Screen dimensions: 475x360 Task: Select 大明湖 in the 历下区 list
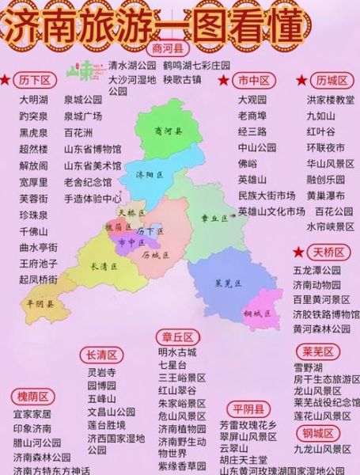tap(34, 101)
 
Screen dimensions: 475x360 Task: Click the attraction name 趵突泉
tap(34, 116)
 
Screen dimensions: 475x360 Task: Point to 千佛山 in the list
tap(34, 230)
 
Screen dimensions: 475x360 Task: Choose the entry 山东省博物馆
tap(93, 149)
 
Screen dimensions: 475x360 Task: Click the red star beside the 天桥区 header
tap(298, 252)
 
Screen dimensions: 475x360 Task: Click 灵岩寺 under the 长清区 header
tap(101, 371)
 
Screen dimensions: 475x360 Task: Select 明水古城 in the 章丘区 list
tap(177, 352)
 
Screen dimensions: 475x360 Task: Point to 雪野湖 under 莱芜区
tap(308, 368)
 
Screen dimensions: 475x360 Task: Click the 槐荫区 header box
tap(32, 397)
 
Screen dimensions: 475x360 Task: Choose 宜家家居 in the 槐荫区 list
tap(32, 414)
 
